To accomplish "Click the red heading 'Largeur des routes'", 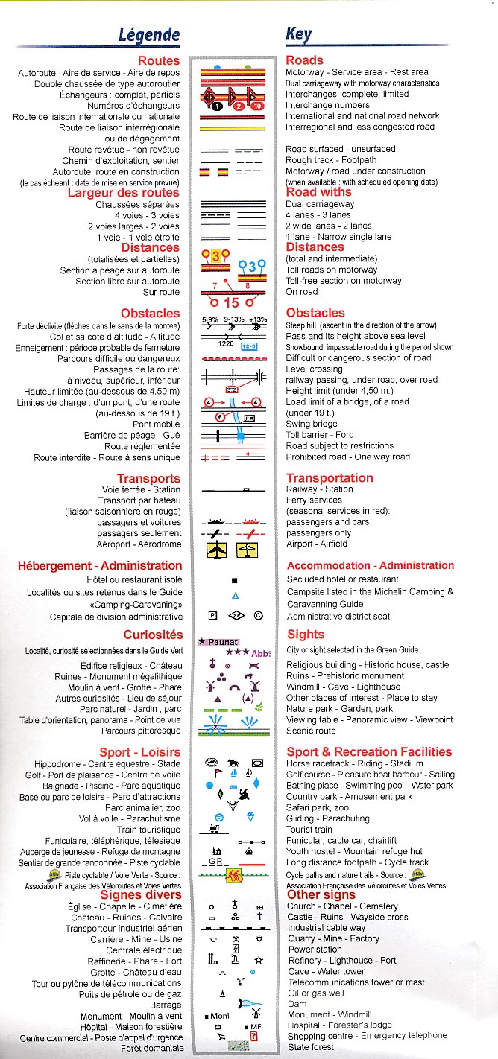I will [x=124, y=193].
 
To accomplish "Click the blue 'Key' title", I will [x=298, y=34].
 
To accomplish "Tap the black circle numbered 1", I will [x=216, y=106].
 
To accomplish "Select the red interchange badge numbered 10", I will [x=256, y=106].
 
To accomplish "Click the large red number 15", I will [x=232, y=303].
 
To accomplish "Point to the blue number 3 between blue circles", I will [x=252, y=267].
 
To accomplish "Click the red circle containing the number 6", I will [x=220, y=417].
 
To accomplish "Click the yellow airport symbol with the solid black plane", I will [x=216, y=550].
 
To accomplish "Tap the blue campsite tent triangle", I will [x=235, y=596].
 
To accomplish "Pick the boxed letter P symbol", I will [x=212, y=616].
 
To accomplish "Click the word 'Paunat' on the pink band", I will [x=222, y=642].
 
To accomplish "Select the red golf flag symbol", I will [x=210, y=784].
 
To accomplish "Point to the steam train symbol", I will [x=215, y=827].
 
